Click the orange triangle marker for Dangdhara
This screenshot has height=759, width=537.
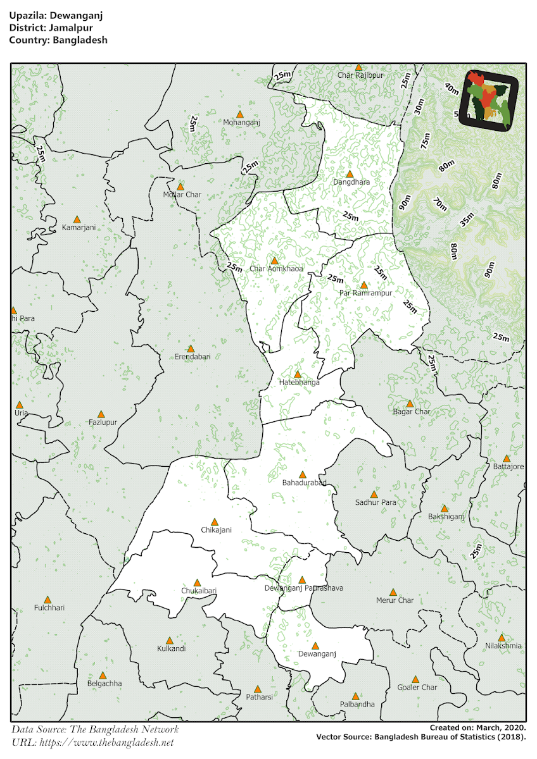coord(350,173)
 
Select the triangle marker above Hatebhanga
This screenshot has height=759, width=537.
coord(298,374)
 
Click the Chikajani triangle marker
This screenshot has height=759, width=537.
coord(215,522)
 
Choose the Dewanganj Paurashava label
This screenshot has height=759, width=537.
coord(304,588)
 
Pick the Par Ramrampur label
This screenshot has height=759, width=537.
coord(366,293)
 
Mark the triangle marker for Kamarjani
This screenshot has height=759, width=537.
coord(77,219)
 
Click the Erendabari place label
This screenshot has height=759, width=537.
coord(192,357)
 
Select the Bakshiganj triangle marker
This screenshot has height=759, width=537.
coord(445,509)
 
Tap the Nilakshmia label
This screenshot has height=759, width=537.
coord(503,646)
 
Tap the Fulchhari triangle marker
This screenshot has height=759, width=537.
coord(47,600)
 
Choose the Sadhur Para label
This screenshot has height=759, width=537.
coord(376,503)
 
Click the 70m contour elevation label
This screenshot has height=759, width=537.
coord(439,204)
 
